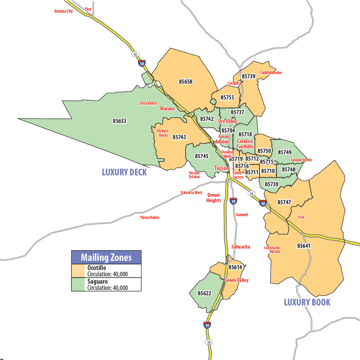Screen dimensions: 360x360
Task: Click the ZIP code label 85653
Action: [x=119, y=121]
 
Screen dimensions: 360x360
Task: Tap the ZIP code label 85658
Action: [x=186, y=82]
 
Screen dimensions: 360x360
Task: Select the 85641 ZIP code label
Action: [x=304, y=246]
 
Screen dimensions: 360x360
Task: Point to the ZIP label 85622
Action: [x=204, y=293]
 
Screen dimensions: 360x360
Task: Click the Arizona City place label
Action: [x=63, y=11]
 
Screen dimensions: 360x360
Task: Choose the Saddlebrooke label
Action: [x=271, y=73]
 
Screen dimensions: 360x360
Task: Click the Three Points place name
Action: [x=150, y=218]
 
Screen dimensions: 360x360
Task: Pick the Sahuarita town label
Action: [x=241, y=247]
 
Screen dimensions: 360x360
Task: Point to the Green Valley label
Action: [x=237, y=280]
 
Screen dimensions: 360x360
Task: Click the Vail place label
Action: [x=301, y=217]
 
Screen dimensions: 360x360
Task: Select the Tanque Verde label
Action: [x=301, y=160]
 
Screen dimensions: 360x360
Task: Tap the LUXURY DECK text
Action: [x=124, y=172]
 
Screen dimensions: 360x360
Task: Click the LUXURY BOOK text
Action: [x=307, y=302]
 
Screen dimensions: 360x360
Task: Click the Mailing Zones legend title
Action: [x=106, y=257]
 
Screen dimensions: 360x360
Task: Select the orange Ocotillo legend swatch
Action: [x=78, y=271]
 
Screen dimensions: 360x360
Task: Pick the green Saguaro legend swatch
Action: [x=78, y=284]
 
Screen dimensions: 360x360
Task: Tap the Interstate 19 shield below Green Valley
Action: [x=207, y=325]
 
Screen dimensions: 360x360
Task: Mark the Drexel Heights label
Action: [x=214, y=198]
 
